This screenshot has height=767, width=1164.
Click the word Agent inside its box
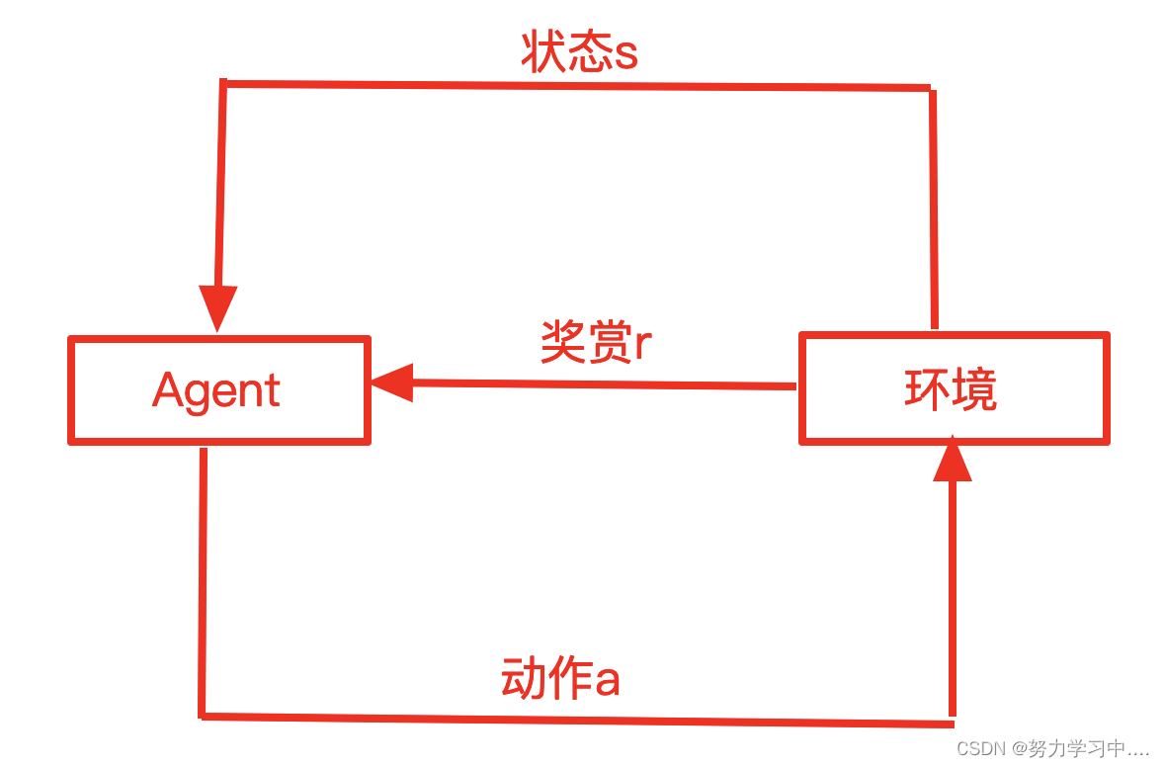216,391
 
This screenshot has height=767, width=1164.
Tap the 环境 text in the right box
951,389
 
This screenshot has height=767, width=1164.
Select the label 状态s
579,53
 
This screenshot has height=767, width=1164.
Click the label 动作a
560,680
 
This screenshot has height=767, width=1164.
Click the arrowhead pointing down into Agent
217,307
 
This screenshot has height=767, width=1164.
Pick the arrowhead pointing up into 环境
953,461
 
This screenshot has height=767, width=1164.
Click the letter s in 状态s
626,56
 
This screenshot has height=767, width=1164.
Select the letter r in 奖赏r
643,346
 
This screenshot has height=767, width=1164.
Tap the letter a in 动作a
607,683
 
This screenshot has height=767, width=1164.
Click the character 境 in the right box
974,389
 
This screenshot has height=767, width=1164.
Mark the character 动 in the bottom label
524,680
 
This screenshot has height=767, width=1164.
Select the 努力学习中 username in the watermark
1084,748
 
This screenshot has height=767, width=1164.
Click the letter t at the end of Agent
273,391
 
